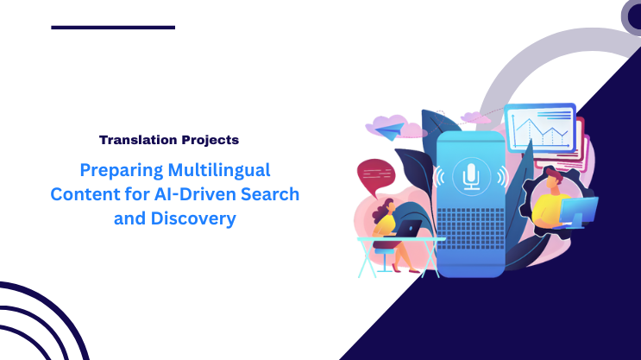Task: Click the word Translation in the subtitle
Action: tap(145, 138)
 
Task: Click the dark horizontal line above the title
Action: tap(113, 28)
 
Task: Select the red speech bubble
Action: tap(374, 176)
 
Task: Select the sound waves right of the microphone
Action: tap(500, 176)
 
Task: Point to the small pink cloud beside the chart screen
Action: tap(474, 117)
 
